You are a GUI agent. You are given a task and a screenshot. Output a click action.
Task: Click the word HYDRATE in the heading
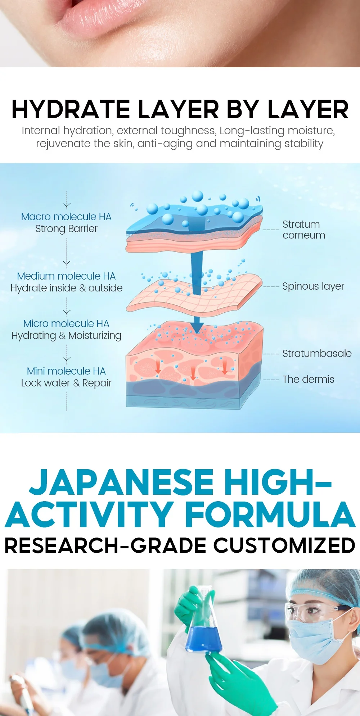pyautogui.click(x=71, y=109)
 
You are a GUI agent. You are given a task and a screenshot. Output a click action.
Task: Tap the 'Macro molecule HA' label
pyautogui.click(x=66, y=217)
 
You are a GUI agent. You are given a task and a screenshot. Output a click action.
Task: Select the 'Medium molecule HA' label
pyautogui.click(x=66, y=276)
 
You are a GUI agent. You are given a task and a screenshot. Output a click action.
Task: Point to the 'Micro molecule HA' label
pyautogui.click(x=66, y=323)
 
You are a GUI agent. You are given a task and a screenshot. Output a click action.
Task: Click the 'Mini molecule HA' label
pyautogui.click(x=66, y=371)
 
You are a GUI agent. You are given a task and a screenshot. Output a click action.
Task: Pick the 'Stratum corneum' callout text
pyautogui.click(x=304, y=230)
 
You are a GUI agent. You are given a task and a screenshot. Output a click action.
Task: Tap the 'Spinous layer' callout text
pyautogui.click(x=313, y=286)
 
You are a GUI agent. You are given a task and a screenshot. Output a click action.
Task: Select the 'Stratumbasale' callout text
pyautogui.click(x=317, y=353)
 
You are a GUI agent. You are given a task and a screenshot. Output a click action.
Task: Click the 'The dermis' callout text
pyautogui.click(x=309, y=379)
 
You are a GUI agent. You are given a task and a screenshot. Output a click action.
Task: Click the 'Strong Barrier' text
pyautogui.click(x=66, y=229)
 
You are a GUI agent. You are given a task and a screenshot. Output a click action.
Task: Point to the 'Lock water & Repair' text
pyautogui.click(x=66, y=383)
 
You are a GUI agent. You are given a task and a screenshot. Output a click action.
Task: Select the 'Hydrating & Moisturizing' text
pyautogui.click(x=66, y=336)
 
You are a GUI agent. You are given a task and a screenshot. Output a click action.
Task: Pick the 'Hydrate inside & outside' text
pyautogui.click(x=66, y=288)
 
